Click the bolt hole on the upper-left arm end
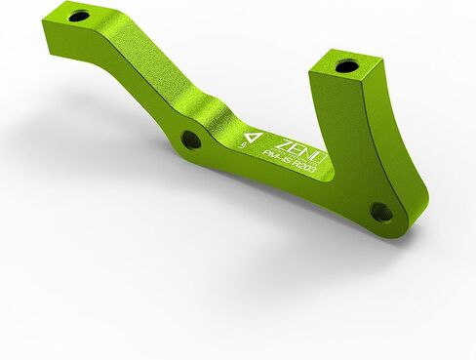tap(79, 16)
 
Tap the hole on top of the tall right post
tap(347, 67)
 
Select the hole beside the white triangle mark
tap(191, 140)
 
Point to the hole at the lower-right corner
tap(381, 211)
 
